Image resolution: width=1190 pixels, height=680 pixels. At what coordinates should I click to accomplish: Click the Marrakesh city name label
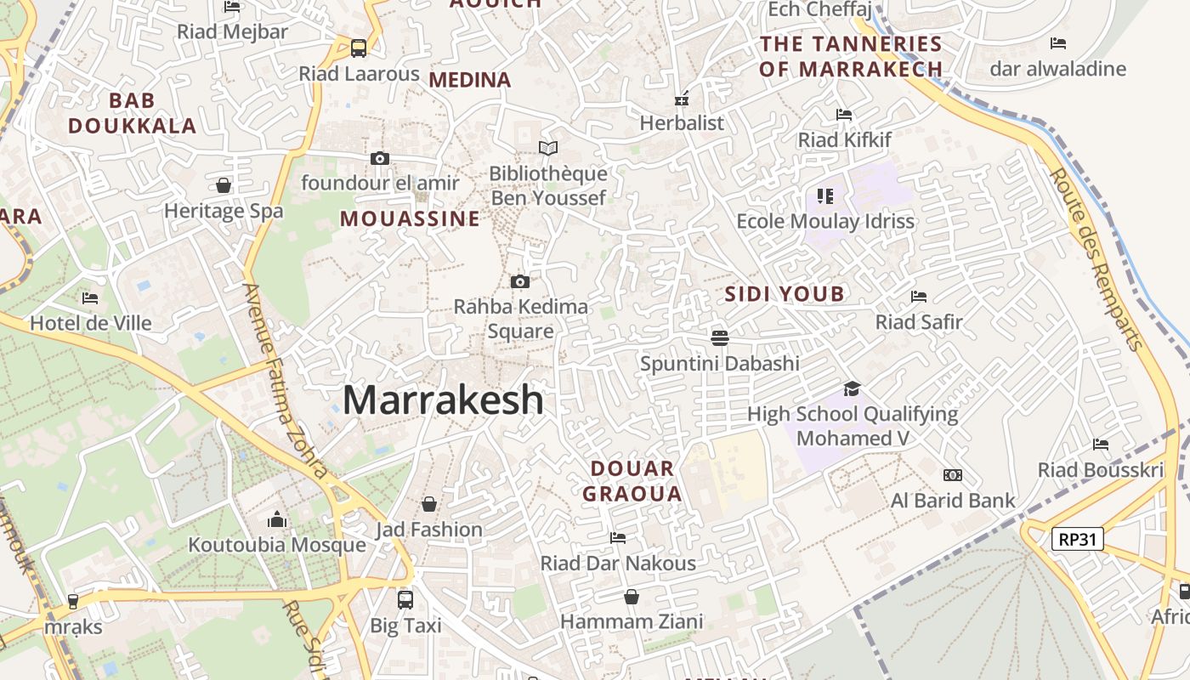point(443,399)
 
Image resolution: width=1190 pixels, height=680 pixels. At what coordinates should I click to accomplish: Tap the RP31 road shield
point(1077,538)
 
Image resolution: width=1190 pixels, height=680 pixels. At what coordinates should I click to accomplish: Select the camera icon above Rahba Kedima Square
point(520,281)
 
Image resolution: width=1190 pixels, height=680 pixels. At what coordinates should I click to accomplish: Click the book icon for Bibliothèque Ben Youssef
point(548,149)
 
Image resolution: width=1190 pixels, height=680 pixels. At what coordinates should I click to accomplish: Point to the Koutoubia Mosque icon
point(277,520)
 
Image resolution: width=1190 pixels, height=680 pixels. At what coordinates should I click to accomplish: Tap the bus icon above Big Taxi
point(405,600)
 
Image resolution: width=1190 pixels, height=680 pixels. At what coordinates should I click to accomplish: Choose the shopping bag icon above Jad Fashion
point(429,504)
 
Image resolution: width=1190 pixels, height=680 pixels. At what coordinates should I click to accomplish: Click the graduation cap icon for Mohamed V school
point(852,389)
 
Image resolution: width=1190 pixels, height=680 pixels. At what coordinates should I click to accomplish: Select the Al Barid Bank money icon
point(953,475)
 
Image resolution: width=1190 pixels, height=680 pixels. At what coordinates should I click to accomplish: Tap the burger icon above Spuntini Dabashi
point(720,338)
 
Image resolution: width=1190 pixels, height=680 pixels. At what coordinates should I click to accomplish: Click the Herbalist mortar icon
point(682,99)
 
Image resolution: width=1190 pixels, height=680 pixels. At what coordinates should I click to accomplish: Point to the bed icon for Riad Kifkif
point(844,115)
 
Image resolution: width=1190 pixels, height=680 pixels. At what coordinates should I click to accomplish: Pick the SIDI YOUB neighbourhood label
point(785,294)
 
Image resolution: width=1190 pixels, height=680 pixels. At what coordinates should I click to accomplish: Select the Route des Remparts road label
point(1096,259)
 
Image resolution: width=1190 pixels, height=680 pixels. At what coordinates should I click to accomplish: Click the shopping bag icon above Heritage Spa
point(224,185)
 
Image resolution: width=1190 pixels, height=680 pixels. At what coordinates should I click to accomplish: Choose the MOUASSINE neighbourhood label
point(410,218)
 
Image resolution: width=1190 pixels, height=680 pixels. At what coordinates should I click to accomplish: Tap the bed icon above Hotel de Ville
point(90,298)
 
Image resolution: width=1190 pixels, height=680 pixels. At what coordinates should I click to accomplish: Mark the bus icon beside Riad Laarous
point(359,48)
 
